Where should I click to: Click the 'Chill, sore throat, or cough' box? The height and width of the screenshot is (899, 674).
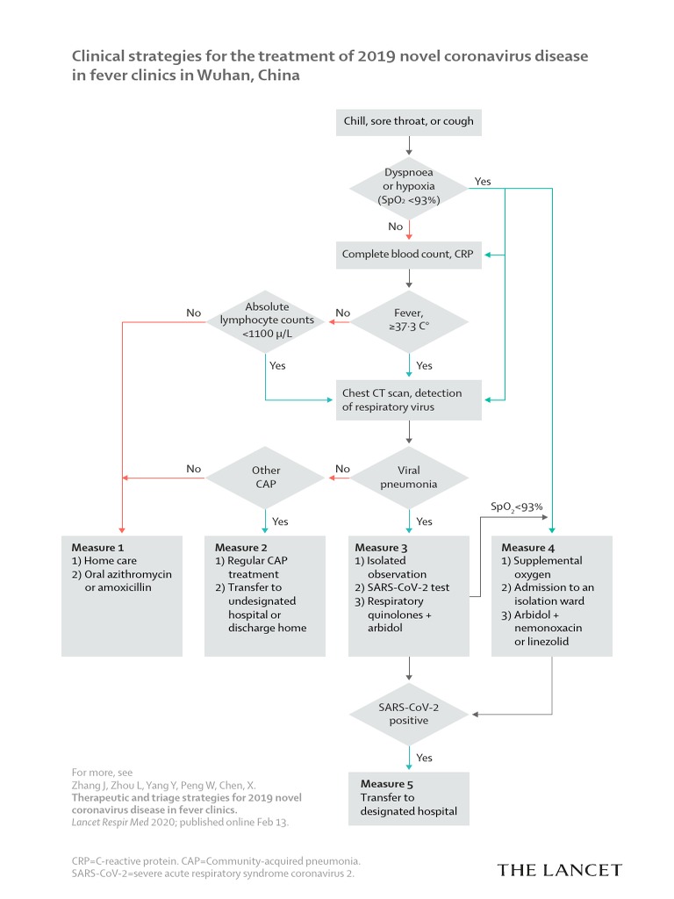point(409,121)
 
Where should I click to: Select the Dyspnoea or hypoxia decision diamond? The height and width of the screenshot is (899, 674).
point(409,186)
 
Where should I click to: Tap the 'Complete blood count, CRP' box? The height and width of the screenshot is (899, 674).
point(409,255)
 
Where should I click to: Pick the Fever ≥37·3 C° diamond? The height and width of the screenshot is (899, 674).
point(409,322)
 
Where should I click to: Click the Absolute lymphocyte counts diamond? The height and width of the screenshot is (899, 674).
point(265,322)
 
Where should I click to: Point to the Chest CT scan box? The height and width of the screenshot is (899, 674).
point(409,399)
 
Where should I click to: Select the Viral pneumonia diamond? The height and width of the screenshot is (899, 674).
point(409,477)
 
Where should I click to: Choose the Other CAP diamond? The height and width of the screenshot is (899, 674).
point(265,477)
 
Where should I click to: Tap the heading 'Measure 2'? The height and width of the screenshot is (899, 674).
point(236,547)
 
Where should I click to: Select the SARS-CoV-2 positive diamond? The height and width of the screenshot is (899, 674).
point(409,713)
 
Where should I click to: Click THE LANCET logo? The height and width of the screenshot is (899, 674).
point(559,870)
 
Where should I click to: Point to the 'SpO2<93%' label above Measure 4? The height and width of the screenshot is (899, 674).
point(517,507)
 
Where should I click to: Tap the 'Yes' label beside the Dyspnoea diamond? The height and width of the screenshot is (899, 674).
point(483,181)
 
